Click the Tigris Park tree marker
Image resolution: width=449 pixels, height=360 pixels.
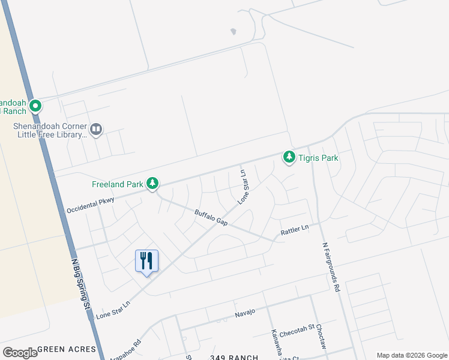[x=289, y=157]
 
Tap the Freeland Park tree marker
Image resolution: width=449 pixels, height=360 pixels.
[x=153, y=183]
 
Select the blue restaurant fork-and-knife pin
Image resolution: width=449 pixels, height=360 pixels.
[x=146, y=262]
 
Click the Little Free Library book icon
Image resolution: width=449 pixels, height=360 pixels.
[x=96, y=129]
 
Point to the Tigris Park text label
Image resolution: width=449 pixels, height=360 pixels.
[x=319, y=158]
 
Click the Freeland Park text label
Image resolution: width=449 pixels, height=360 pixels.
[x=116, y=184]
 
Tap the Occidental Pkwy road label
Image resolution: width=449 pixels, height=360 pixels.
[x=90, y=205]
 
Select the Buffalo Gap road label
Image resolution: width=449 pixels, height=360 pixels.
[x=211, y=217]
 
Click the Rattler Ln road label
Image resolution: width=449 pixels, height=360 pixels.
[x=295, y=229]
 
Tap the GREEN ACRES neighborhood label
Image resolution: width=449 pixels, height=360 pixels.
[x=66, y=349]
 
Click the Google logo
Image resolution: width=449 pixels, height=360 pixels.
[x=20, y=352]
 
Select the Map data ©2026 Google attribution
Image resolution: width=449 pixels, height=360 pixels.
[x=411, y=355]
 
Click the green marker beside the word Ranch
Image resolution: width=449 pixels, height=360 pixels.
[x=35, y=106]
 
